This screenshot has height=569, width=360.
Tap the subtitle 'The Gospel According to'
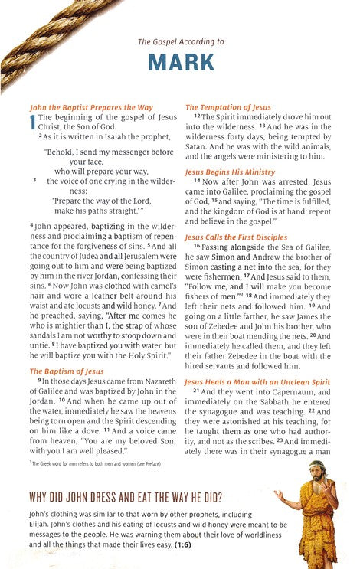click(180, 42)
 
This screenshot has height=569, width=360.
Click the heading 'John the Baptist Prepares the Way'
click(80, 108)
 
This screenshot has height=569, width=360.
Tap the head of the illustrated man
click(314, 469)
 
